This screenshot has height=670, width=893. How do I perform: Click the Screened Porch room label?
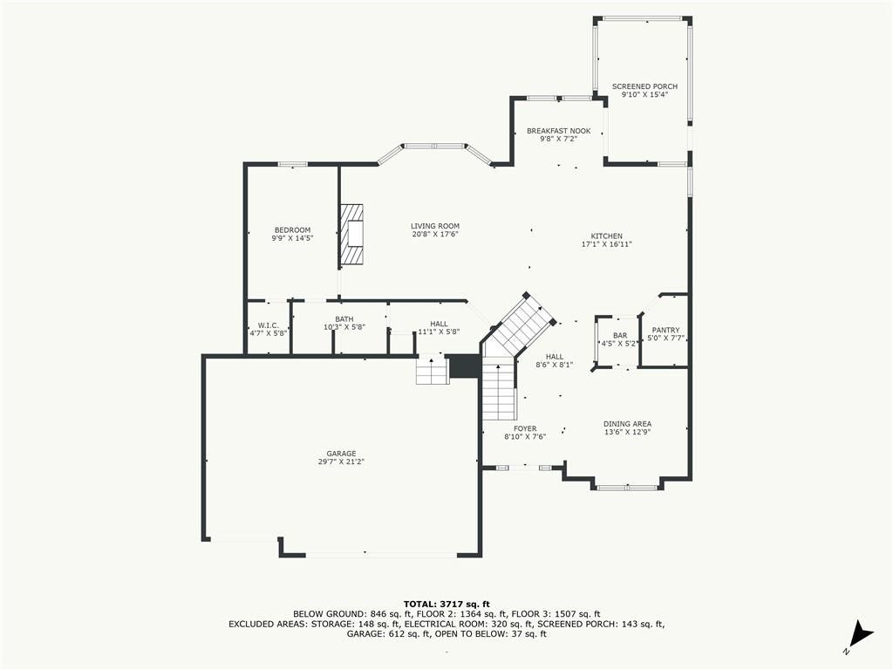pyautogui.click(x=644, y=86)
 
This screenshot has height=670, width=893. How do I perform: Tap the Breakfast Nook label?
pyautogui.click(x=558, y=131)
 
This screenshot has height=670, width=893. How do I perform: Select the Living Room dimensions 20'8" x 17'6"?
pyautogui.click(x=435, y=234)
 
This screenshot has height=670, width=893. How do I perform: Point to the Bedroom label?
pyautogui.click(x=293, y=230)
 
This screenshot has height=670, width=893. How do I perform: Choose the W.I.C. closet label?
pyautogui.click(x=269, y=325)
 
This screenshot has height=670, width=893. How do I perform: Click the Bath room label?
pyautogui.click(x=344, y=319)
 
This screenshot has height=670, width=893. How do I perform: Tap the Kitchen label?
pyautogui.click(x=607, y=236)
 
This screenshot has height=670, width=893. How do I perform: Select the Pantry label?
pyautogui.click(x=665, y=330)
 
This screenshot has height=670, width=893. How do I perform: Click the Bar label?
pyautogui.click(x=620, y=336)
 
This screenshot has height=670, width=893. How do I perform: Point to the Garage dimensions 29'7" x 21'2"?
pyautogui.click(x=341, y=462)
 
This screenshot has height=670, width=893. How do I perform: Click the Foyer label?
pyautogui.click(x=525, y=429)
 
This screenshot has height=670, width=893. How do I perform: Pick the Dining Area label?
pyautogui.click(x=628, y=424)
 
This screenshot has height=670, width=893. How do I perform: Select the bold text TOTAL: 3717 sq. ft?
pyautogui.click(x=446, y=604)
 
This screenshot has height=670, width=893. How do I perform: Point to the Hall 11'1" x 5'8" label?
pyautogui.click(x=440, y=328)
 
